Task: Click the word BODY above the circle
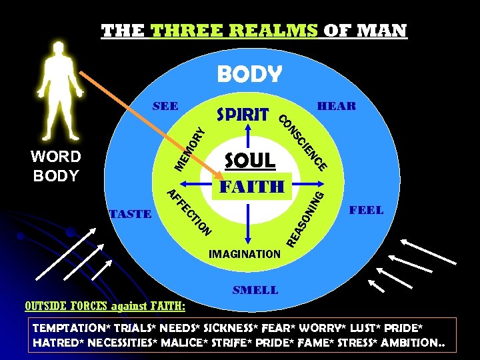pos(249,73)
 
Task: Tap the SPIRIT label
pos(243,114)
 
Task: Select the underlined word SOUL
pos(250,160)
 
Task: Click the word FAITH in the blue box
pos(253,185)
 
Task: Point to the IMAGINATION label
pos(245,254)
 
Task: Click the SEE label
pos(165,106)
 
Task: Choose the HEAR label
pos(337,106)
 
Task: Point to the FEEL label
pos(367,210)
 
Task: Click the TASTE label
pos(130,214)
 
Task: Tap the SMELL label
pos(255,290)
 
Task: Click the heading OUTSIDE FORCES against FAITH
pos(105,306)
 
